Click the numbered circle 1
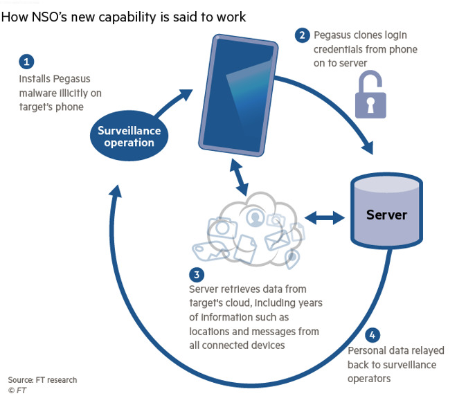[27, 62]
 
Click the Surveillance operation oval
[129, 136]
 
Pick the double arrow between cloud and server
[325, 218]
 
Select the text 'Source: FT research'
[42, 379]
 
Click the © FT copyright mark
[18, 391]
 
